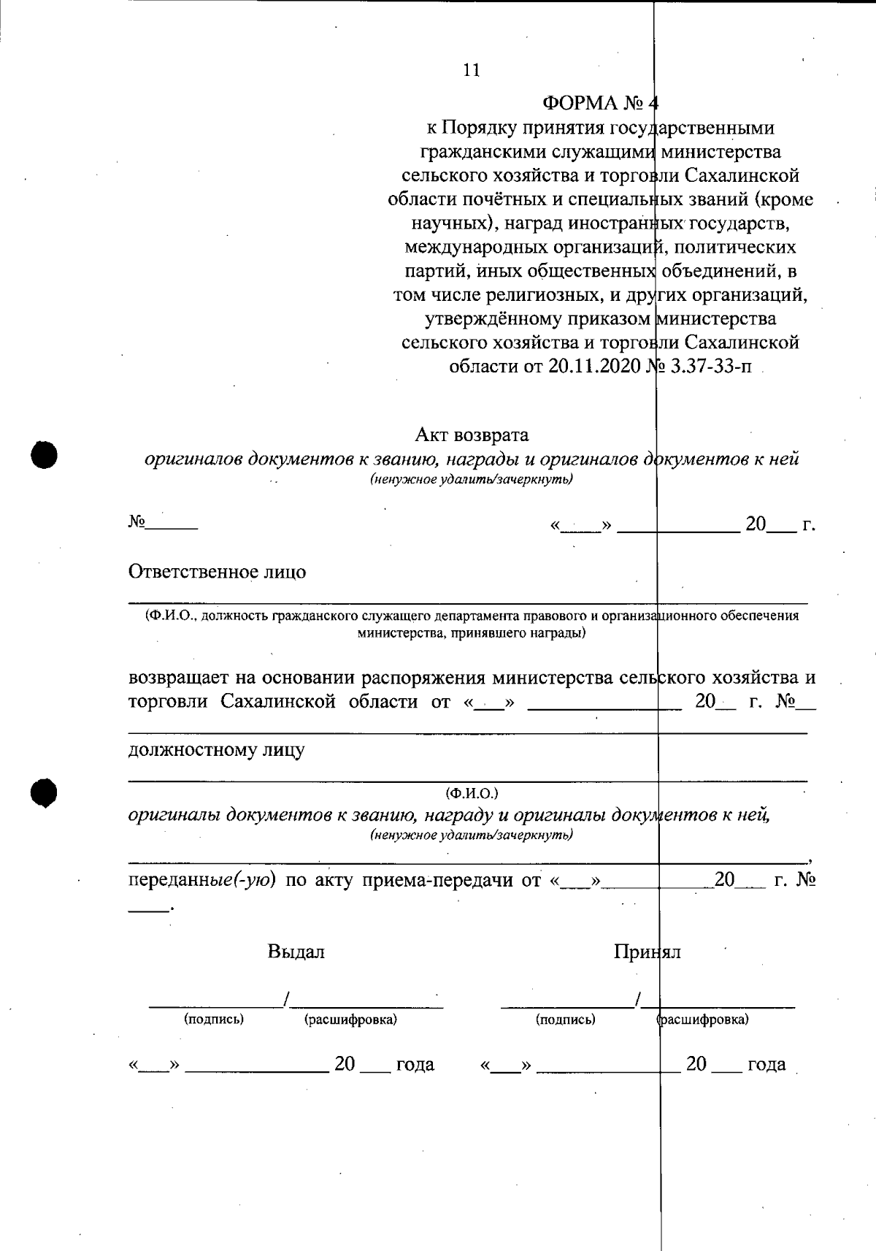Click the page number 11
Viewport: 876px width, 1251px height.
click(472, 70)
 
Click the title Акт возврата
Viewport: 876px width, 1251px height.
click(472, 435)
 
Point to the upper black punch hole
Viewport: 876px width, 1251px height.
click(45, 454)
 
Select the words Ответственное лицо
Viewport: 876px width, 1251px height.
click(217, 572)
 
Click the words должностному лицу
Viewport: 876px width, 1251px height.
click(216, 750)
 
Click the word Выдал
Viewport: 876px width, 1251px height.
click(296, 952)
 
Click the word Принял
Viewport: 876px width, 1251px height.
click(647, 952)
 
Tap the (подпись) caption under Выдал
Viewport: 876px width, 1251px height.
click(214, 1019)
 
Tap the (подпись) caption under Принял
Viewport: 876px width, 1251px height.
click(565, 1019)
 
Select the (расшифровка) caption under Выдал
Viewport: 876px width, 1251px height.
click(350, 1019)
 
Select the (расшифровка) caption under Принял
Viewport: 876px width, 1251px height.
click(702, 1019)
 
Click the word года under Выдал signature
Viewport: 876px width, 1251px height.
click(414, 1065)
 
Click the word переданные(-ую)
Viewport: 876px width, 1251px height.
click(202, 880)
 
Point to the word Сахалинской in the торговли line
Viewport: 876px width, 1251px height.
click(278, 702)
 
